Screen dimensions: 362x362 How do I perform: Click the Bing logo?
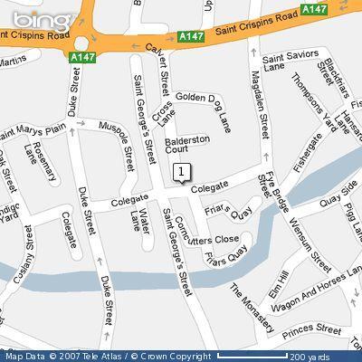click(25, 15)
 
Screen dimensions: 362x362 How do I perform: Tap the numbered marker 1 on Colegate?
click(181, 171)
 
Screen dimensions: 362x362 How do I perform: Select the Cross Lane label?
click(164, 116)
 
